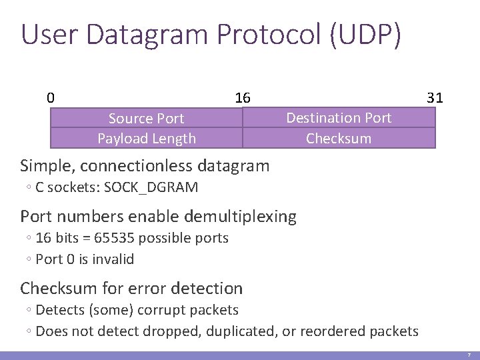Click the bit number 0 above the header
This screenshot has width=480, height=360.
point(51,97)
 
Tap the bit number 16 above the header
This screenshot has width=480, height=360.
point(242,97)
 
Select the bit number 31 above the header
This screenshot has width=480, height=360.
point(435,97)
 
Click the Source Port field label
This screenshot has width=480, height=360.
point(146,119)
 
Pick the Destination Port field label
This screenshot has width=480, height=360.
point(339,118)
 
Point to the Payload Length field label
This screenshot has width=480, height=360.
point(147,139)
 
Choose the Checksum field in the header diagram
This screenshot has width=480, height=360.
point(339,139)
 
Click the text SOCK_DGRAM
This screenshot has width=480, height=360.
point(149,187)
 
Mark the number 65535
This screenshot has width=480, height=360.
point(113,238)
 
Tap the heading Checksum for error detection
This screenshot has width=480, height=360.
point(131,289)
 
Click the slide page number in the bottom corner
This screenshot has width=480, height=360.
point(469,355)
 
